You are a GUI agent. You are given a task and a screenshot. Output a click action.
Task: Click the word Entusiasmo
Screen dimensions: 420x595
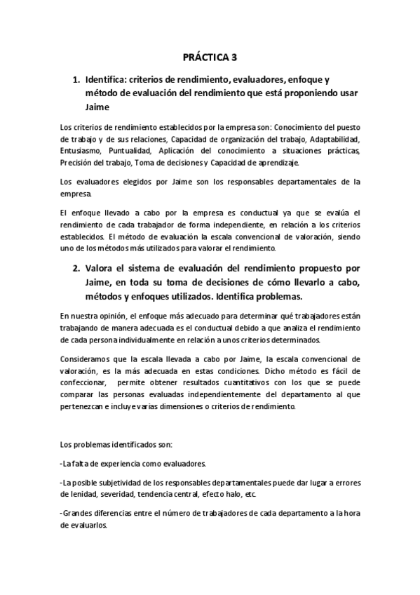[80, 151]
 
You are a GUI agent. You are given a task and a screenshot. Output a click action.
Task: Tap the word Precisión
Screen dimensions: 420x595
[76, 163]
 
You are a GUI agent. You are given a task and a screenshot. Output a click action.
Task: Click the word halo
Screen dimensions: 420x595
[222, 493]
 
